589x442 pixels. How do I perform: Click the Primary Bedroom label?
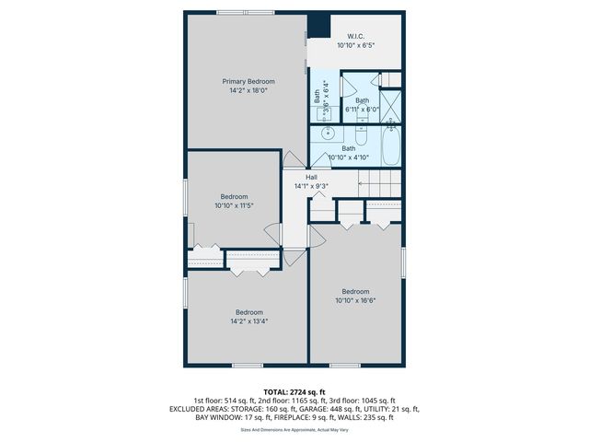pos(248,81)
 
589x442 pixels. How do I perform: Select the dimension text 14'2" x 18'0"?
pos(248,90)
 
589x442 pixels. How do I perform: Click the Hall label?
pos(299,177)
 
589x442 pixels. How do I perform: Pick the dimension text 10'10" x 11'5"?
pos(234,205)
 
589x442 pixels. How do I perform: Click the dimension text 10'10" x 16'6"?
pos(355,300)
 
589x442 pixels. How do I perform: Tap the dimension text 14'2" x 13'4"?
pos(248,321)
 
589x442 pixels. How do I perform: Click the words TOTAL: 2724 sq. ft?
pos(294,391)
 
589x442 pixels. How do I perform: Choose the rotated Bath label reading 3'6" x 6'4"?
pos(321,99)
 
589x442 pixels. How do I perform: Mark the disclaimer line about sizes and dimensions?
pos(294,429)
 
